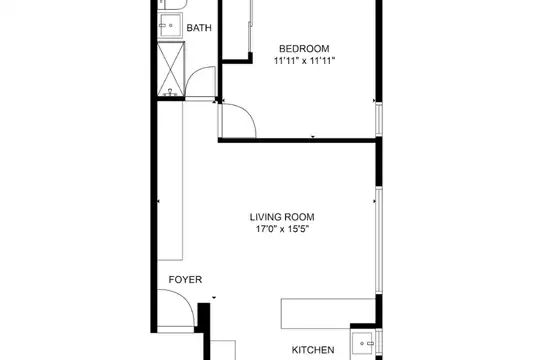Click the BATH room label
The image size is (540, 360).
[199, 28]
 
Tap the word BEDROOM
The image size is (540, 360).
[304, 48]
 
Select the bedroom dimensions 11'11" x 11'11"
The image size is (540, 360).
[304, 61]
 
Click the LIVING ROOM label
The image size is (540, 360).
[282, 217]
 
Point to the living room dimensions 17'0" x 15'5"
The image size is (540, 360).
[282, 229]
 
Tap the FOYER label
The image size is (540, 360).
[185, 279]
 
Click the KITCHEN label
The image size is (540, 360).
[313, 350]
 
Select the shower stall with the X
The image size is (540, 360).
[171, 69]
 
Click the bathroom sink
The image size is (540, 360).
[170, 25]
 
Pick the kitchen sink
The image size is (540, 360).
[363, 343]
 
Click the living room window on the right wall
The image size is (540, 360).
[379, 240]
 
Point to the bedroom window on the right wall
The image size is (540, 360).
[379, 120]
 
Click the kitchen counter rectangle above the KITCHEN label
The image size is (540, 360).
[328, 313]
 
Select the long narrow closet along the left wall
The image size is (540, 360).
[170, 181]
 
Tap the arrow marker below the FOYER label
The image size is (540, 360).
[214, 297]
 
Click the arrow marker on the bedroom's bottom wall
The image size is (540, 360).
[313, 137]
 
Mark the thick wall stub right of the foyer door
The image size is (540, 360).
[204, 331]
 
